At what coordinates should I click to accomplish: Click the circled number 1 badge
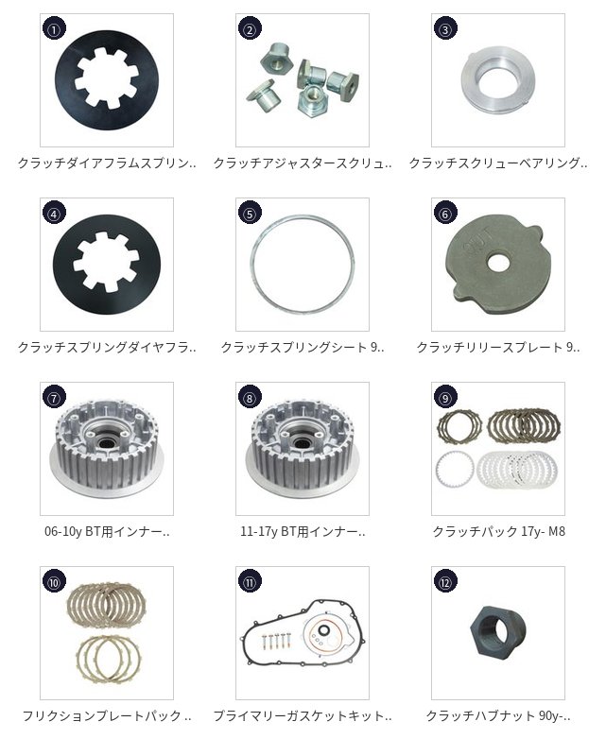[x=54, y=29]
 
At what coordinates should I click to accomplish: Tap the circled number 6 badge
[x=445, y=214]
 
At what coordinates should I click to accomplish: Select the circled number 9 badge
[x=445, y=398]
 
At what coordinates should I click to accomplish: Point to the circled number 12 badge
[x=445, y=582]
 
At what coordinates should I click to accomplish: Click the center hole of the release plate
[x=498, y=263]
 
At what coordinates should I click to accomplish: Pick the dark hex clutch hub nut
[x=497, y=630]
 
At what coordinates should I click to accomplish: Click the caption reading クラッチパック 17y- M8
[x=498, y=531]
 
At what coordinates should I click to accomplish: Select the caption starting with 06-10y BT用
[x=107, y=531]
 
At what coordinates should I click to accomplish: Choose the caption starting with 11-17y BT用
[x=303, y=531]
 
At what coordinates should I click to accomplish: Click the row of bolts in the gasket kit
[x=277, y=641]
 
